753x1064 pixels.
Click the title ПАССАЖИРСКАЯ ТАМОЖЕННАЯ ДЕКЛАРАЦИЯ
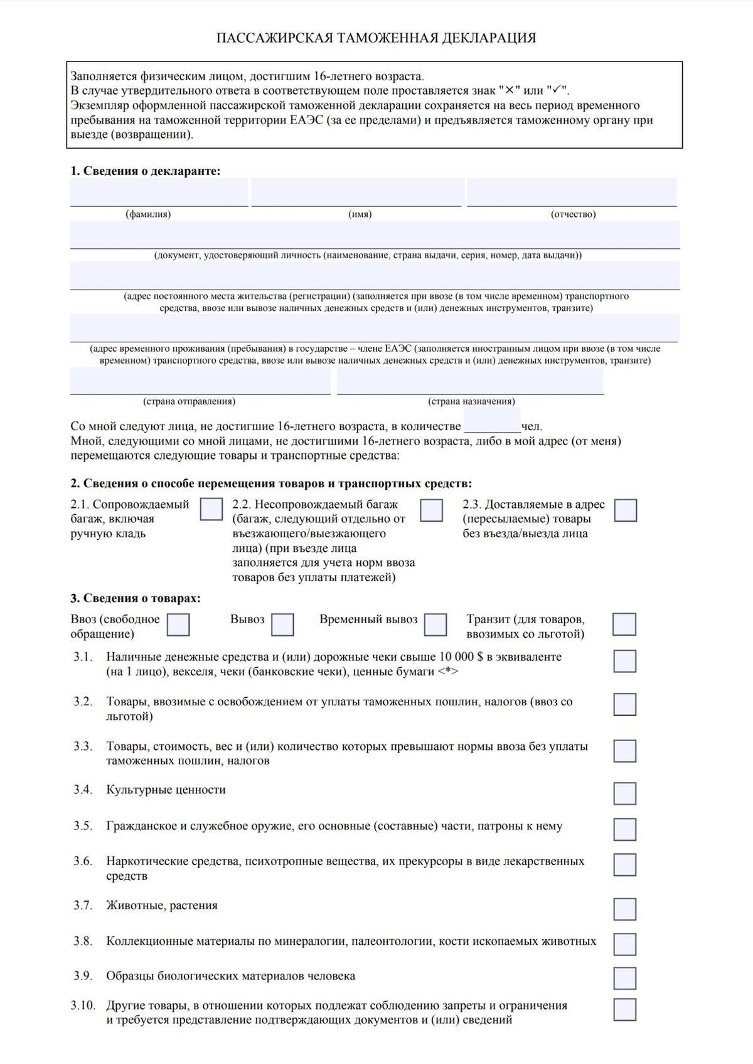376,38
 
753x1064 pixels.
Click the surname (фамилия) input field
159,192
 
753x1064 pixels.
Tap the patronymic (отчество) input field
572,192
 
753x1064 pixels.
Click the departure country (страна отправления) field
200,381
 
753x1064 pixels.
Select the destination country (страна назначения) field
470,381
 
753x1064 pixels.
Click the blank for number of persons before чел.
492,421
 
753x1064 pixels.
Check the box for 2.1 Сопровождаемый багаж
211,509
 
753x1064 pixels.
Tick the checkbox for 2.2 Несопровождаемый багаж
431,510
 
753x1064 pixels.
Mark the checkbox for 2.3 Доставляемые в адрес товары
625,510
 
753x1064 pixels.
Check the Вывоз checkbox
282,624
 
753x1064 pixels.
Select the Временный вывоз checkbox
435,624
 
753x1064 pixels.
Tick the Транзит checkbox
624,624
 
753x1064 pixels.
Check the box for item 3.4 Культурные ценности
624,793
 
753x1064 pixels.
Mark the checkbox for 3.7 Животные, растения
624,909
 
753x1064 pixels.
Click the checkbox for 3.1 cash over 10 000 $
624,661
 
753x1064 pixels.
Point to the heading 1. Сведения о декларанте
146,171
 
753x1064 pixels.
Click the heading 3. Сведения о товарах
136,598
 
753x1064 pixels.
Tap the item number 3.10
83,1006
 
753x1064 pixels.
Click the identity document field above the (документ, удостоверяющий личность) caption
375,234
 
